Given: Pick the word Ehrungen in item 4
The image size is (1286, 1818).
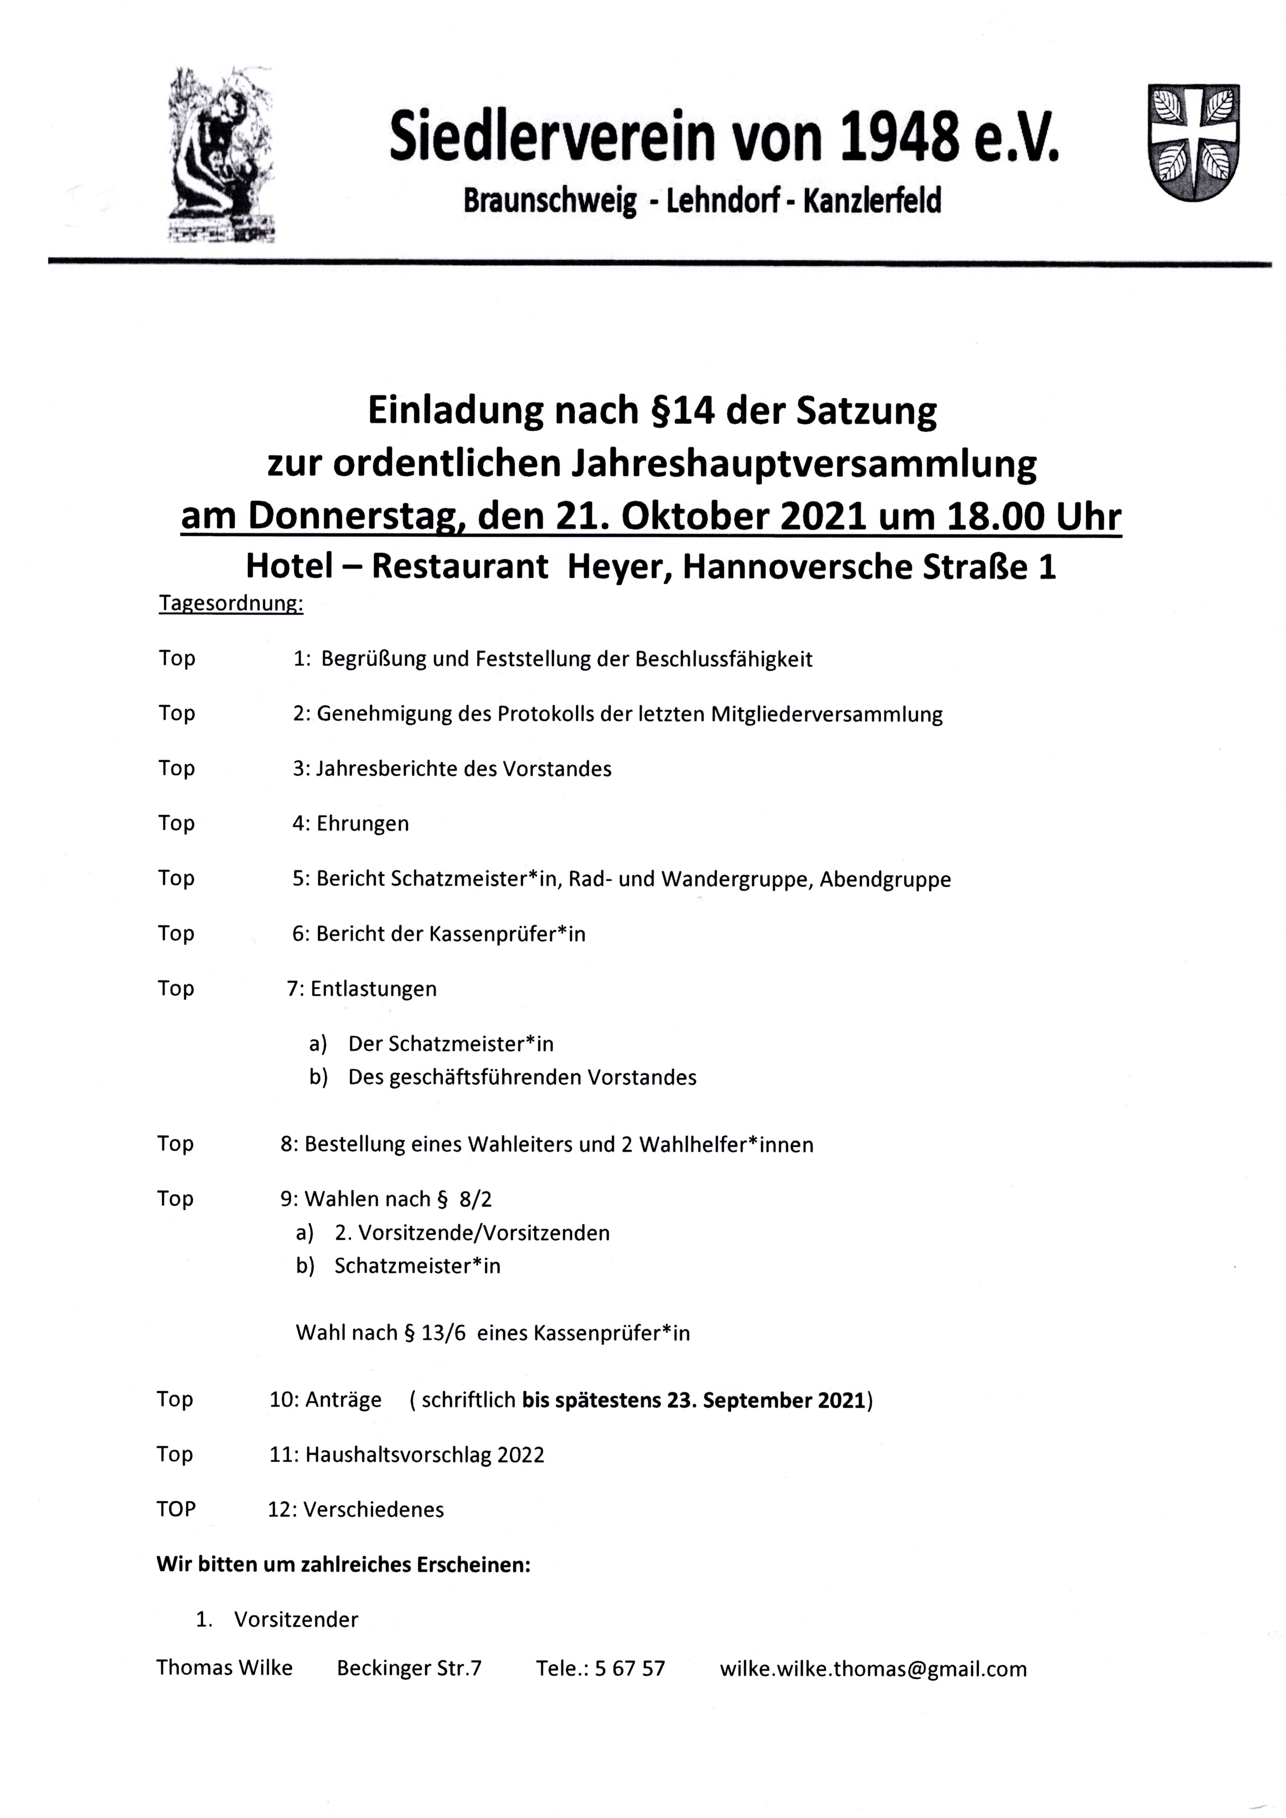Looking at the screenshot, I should pos(363,823).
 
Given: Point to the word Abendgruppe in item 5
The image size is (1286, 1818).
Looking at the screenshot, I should pos(885,879).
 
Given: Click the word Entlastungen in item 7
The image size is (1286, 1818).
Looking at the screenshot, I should pos(374,989).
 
